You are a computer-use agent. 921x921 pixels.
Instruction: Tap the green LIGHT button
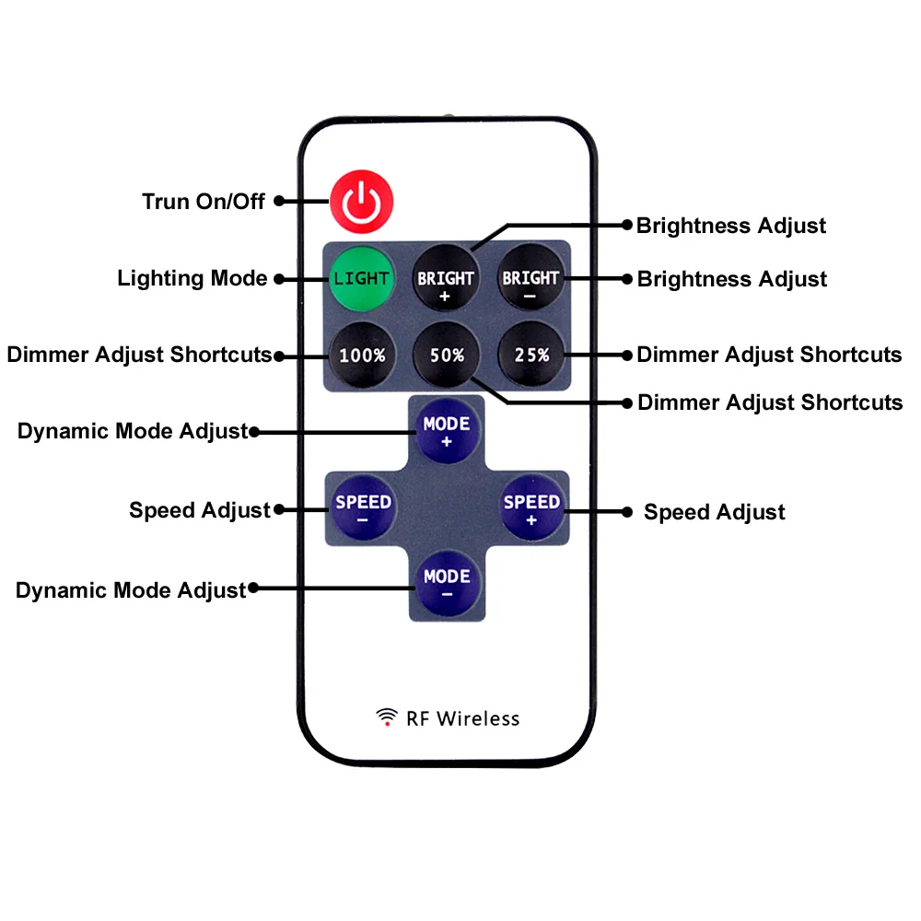click(361, 278)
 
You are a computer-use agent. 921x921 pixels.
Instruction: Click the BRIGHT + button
click(446, 278)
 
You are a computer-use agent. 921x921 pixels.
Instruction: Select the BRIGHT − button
click(530, 278)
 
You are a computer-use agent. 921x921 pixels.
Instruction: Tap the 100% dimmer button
click(362, 355)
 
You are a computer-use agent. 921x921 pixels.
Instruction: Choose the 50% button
click(447, 355)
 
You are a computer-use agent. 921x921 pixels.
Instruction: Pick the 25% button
click(531, 355)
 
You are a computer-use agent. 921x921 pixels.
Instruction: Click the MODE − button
click(447, 583)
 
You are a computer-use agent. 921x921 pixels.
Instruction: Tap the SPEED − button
click(363, 507)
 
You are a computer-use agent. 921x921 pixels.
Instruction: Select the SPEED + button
click(531, 507)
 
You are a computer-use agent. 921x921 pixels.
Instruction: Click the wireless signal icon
click(387, 717)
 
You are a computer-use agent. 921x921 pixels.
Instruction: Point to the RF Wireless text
click(463, 718)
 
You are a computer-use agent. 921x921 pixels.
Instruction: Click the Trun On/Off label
click(204, 202)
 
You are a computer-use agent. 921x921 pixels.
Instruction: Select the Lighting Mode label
click(192, 278)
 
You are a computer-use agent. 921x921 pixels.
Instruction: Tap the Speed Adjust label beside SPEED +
click(715, 512)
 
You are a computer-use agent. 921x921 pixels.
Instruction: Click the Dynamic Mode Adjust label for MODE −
click(131, 590)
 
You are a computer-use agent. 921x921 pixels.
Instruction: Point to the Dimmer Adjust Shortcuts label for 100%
click(140, 355)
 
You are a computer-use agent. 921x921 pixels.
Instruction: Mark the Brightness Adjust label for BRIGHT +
click(731, 226)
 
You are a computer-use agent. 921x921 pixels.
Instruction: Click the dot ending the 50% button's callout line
click(627, 403)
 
